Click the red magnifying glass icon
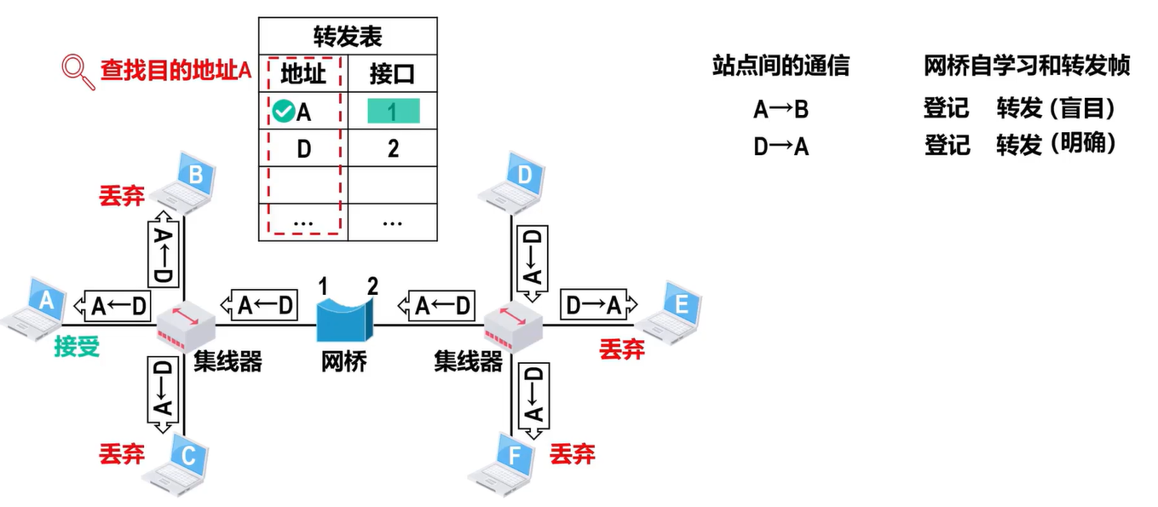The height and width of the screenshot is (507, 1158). click(78, 72)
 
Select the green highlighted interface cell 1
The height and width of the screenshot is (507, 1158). click(393, 111)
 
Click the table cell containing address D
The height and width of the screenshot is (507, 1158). click(303, 148)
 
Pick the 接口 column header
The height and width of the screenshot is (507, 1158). click(392, 74)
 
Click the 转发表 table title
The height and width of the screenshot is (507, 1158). click(348, 37)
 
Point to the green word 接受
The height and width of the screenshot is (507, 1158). click(77, 347)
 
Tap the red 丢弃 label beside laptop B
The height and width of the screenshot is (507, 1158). click(122, 197)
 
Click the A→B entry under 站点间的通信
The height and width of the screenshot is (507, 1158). click(781, 109)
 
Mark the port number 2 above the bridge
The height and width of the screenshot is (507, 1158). click(372, 286)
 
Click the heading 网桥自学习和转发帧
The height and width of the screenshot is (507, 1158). click(1027, 66)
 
